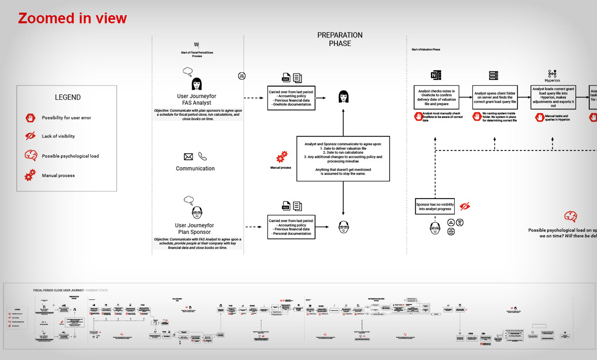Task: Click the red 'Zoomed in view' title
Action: click(72, 19)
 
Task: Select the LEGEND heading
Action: click(68, 97)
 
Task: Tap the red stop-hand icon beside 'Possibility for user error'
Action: click(30, 117)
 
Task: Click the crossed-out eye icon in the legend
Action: click(30, 136)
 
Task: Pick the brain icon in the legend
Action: click(30, 155)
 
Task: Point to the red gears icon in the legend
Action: click(30, 175)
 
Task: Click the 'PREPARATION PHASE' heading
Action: click(340, 39)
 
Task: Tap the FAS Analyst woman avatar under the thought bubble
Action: click(196, 84)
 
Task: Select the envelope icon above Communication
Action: click(188, 157)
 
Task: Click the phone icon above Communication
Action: click(202, 156)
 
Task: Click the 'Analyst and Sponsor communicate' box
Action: click(343, 158)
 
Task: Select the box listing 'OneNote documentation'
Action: click(292, 97)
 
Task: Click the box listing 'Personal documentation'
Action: click(292, 227)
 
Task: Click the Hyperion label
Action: click(552, 81)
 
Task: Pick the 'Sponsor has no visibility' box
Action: click(435, 206)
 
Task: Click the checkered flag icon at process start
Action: click(196, 46)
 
